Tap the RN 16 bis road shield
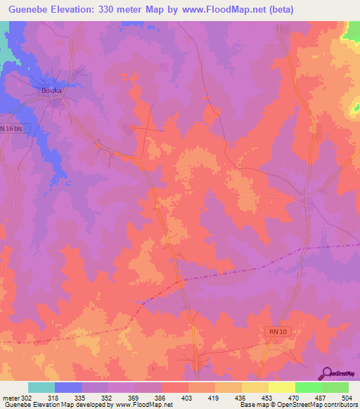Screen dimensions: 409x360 tap(11, 129)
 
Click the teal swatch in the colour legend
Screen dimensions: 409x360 tap(41, 387)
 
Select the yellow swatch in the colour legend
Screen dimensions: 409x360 tap(282, 387)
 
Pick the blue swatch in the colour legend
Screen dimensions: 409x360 tap(68, 387)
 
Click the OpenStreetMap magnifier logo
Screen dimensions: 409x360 tap(326, 373)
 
